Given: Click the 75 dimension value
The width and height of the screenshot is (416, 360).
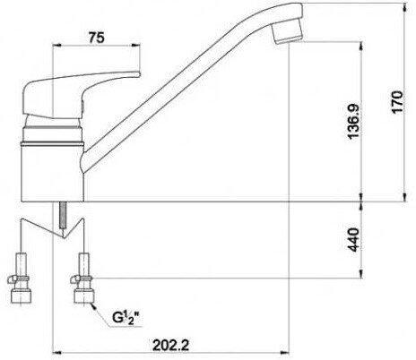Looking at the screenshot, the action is (96, 38).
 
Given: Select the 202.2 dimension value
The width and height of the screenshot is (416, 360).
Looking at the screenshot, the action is (171, 346).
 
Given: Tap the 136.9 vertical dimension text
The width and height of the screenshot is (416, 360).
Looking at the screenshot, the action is (354, 121).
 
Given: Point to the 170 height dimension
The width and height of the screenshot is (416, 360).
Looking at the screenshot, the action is (397, 102).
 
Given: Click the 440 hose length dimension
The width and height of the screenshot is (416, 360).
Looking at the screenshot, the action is (354, 239).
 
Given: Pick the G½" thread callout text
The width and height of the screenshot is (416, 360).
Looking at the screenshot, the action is (126, 317).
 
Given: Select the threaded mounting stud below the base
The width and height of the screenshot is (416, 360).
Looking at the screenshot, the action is (63, 215).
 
